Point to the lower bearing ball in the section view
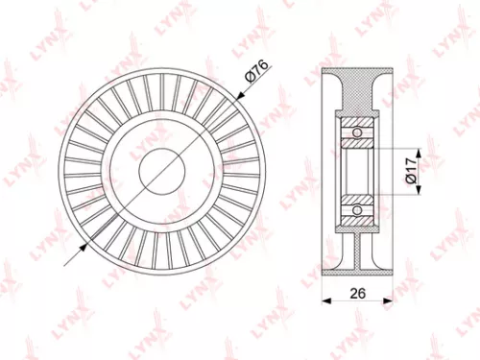(x=358, y=208)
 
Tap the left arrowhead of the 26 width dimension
(x=323, y=300)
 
